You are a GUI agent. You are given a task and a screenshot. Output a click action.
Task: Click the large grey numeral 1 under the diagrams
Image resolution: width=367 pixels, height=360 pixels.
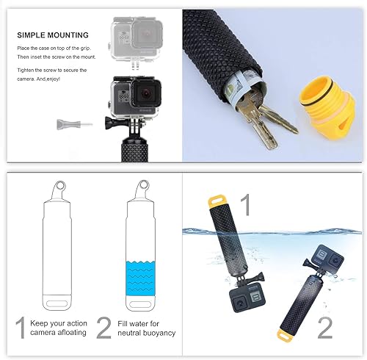[21, 325]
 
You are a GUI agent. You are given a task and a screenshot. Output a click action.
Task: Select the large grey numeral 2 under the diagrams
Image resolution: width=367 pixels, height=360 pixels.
[103, 325]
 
